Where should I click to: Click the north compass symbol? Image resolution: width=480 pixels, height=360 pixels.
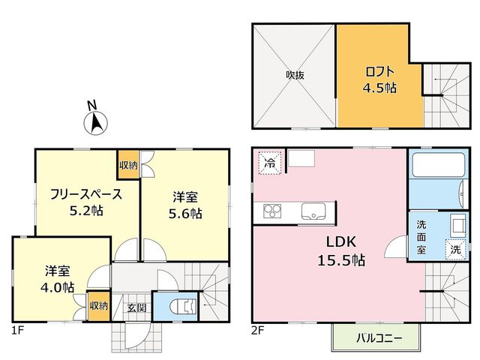tap(95, 123)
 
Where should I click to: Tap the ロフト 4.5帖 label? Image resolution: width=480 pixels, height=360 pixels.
tap(379, 79)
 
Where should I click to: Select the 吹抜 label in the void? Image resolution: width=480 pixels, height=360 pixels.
tap(295, 75)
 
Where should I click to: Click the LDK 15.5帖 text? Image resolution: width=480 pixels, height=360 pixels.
tap(341, 251)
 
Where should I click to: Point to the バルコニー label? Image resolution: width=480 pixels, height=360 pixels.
tap(379, 338)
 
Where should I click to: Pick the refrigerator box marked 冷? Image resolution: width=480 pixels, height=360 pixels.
tap(270, 163)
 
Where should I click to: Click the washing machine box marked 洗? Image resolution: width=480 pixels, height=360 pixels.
tap(455, 250)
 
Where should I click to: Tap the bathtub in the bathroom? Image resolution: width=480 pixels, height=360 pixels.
tap(439, 164)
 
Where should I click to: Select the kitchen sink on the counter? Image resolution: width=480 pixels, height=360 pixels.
tap(313, 211)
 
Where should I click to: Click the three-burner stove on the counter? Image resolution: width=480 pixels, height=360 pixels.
tap(272, 211)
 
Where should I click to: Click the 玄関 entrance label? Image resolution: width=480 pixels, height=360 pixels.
tap(136, 307)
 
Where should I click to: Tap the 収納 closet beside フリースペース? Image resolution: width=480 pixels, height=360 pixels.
tap(128, 165)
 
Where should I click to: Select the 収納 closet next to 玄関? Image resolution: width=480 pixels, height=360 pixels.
tap(98, 305)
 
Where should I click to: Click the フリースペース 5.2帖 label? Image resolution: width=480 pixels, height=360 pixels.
tap(86, 202)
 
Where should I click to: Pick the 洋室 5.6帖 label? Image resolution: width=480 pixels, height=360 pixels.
tap(185, 205)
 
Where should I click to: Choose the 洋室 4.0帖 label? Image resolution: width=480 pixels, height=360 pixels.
tap(57, 279)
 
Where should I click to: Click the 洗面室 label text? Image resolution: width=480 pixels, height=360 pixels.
tap(421, 237)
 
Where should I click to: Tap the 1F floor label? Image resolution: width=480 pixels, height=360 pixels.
tap(17, 331)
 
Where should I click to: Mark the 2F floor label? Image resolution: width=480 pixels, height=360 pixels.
tap(258, 331)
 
